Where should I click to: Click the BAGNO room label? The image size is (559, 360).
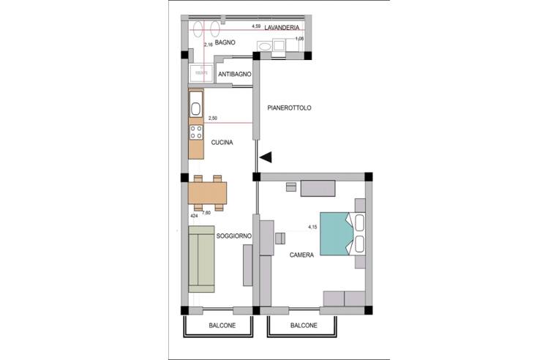[225, 43]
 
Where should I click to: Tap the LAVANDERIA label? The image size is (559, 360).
[285, 28]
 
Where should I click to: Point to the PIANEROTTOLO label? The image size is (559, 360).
[290, 108]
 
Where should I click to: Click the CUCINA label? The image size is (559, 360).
[222, 143]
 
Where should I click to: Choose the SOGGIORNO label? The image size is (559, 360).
[234, 236]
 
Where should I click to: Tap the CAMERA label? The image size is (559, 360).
[301, 255]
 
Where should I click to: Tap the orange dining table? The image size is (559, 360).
[207, 192]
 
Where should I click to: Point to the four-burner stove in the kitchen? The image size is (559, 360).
[196, 132]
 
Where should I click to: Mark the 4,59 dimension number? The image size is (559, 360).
[256, 26]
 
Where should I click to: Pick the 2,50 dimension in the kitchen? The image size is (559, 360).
[213, 118]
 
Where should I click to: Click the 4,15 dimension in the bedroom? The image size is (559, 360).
[312, 228]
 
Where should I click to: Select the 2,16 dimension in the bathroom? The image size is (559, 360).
[208, 45]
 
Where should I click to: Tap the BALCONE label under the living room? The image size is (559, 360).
[222, 326]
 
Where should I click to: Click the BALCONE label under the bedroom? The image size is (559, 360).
[304, 326]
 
